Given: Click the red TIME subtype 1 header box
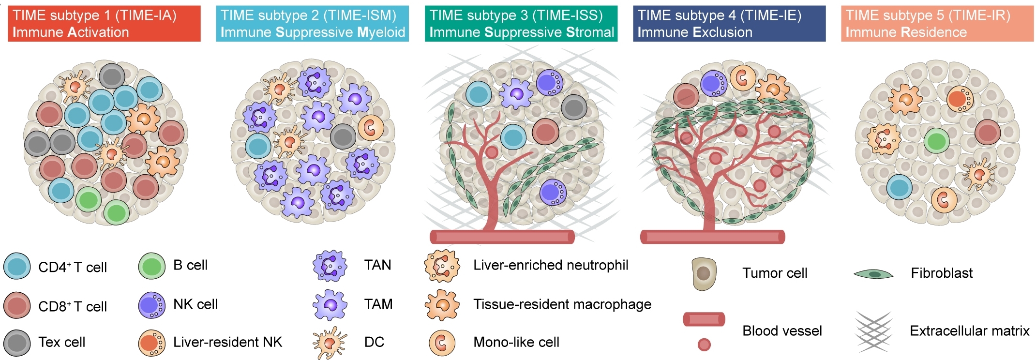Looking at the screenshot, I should pos(104,24).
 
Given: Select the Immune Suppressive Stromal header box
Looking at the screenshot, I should pos(521,24).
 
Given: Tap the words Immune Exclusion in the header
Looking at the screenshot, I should pos(694,32).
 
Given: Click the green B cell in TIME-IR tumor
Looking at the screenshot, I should pos(936,141).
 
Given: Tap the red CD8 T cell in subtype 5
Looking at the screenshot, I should pos(987,132).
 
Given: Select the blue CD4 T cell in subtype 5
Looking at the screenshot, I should pos(899,187).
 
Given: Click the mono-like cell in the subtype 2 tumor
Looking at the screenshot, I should pos(371,128).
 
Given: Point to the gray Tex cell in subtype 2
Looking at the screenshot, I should pos(343,136).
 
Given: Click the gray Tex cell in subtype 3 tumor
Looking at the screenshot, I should pos(574,107).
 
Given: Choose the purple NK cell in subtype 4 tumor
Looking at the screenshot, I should pos(713,83).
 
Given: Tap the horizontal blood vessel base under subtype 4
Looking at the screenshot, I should pos(712,237).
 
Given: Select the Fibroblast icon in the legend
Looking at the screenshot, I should pos(873,274).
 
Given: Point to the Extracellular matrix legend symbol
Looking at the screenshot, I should pos(873,331).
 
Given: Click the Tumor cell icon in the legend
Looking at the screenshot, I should pos(704,274).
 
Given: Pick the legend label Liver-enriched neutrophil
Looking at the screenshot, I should pos(550,265).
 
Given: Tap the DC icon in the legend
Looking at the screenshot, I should pos(330,343).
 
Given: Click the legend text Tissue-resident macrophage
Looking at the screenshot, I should pos(562,304).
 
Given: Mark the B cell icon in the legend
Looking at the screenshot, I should pos(151,266).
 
